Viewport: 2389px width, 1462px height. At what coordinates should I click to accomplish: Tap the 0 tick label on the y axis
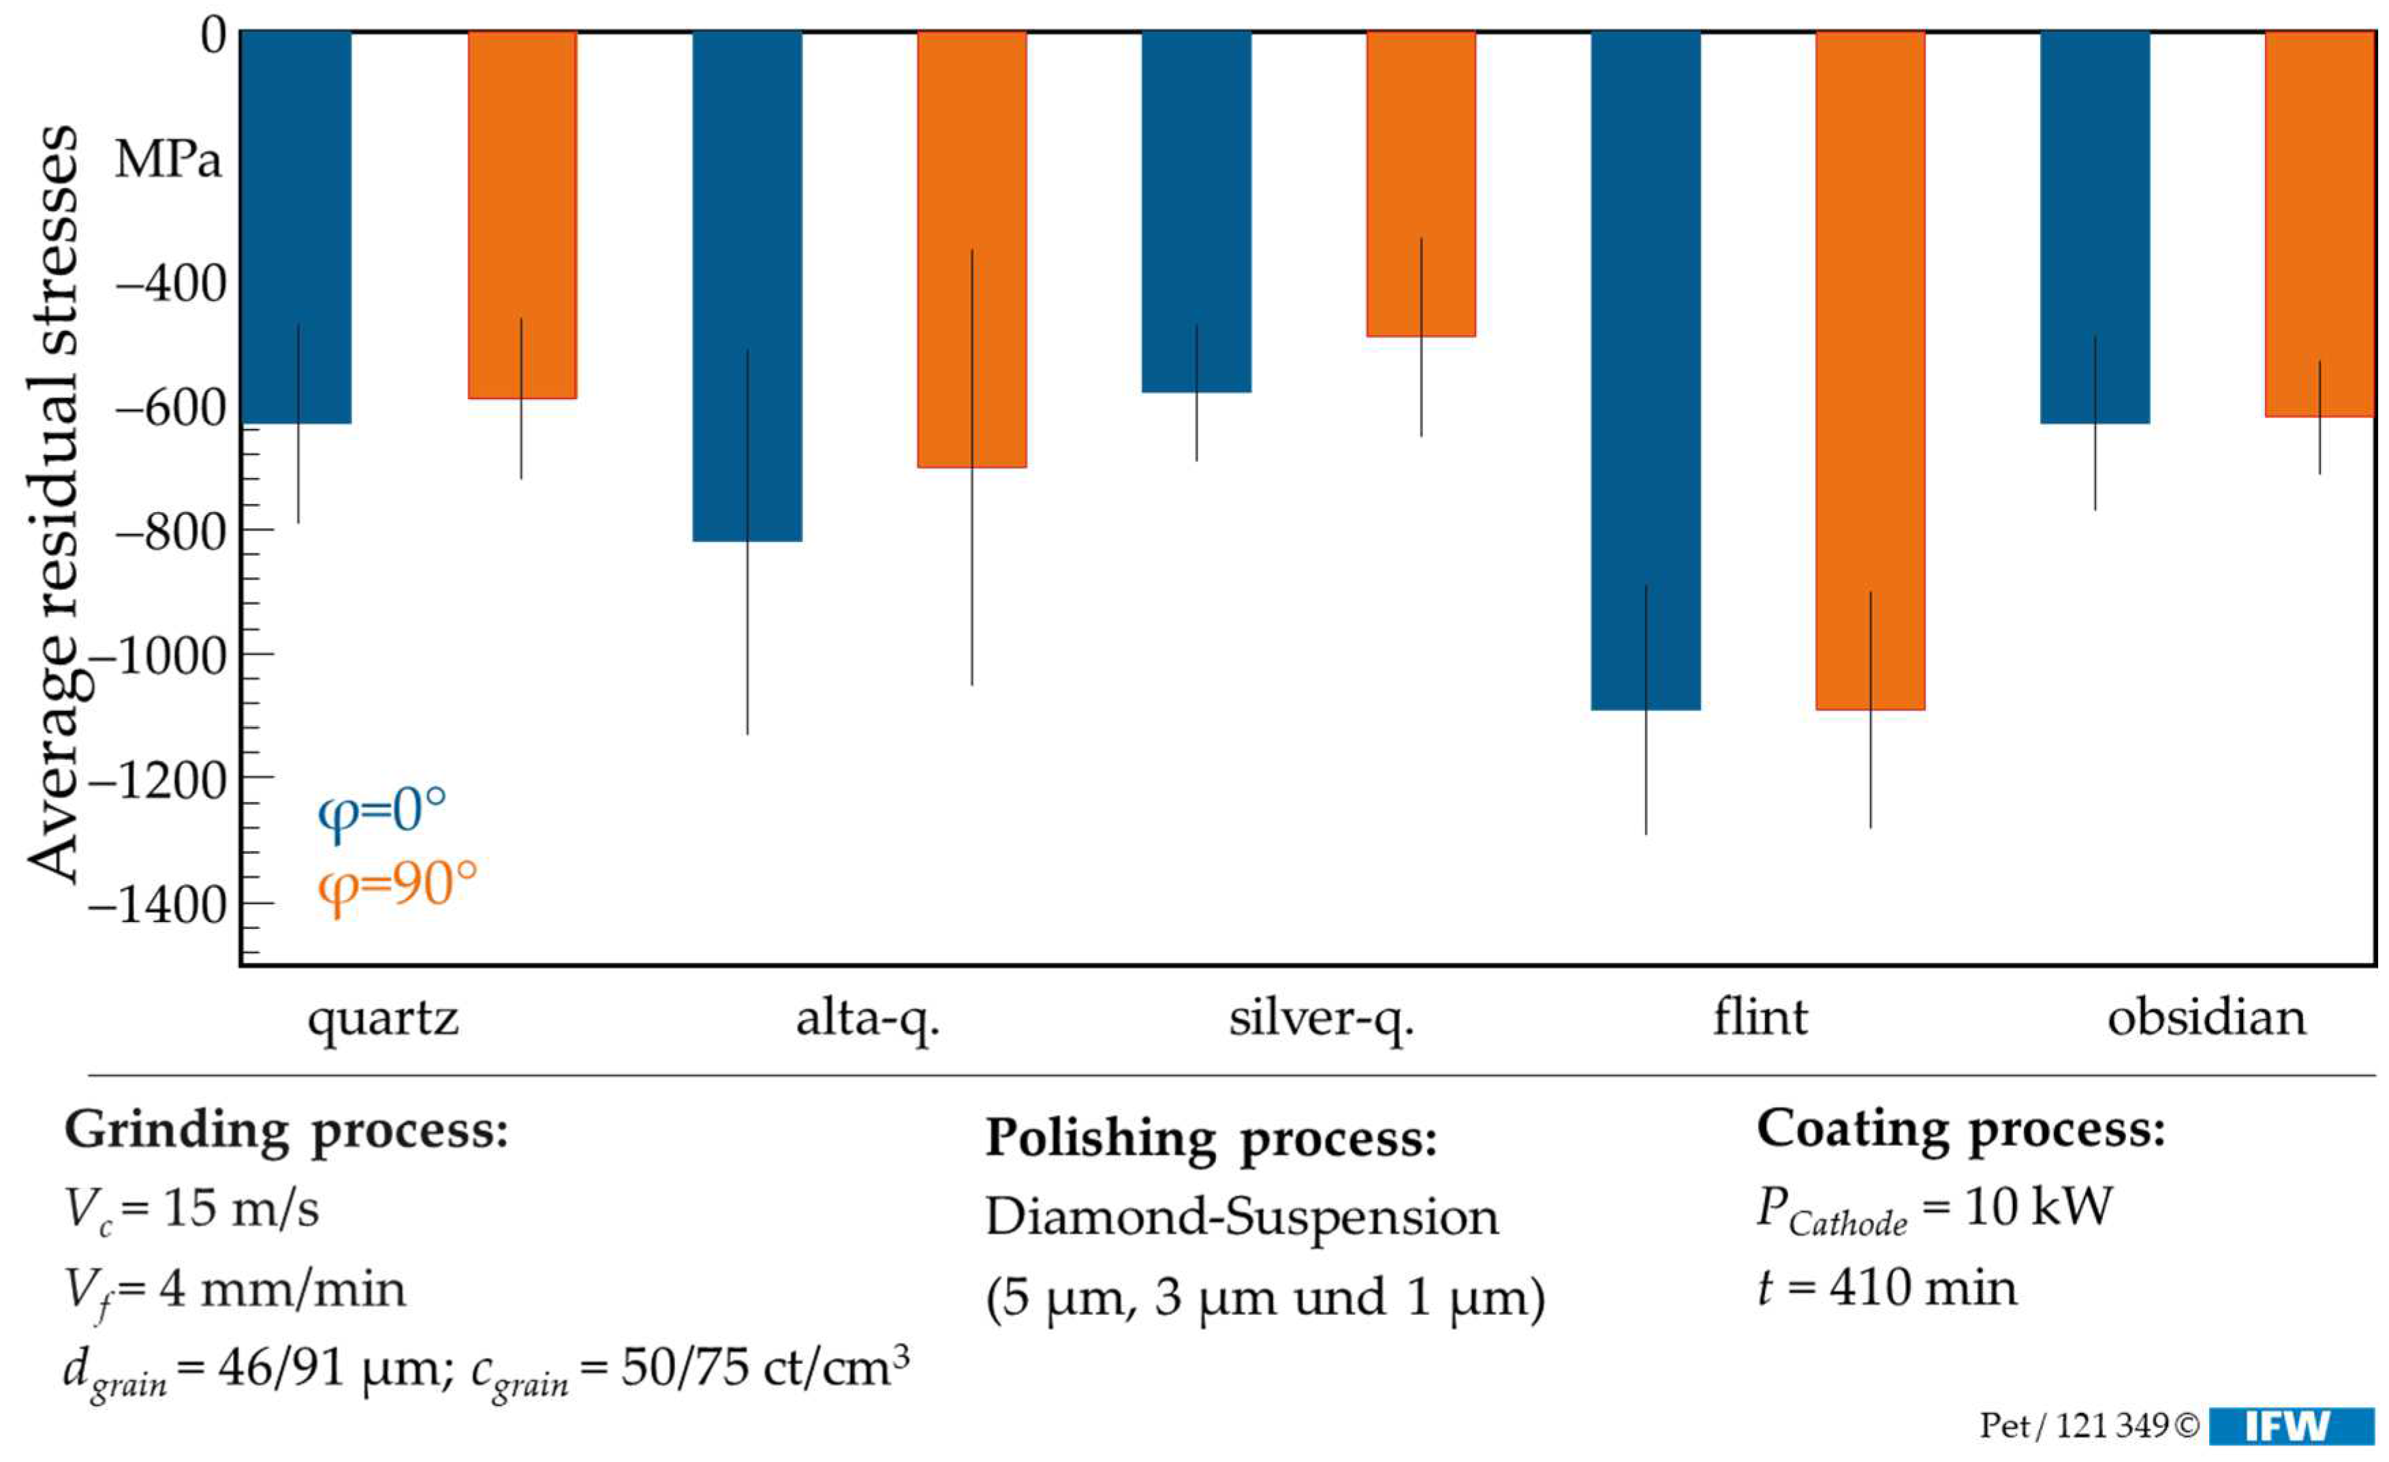pos(213,36)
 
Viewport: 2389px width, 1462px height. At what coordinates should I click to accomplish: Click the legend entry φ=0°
pos(382,810)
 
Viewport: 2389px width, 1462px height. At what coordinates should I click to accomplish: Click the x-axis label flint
pos(1760,1019)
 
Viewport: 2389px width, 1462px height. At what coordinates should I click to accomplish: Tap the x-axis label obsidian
pos(2206,1019)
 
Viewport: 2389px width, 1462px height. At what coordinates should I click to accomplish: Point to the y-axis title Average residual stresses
pos(53,504)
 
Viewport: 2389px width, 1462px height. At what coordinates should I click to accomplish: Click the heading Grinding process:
pos(286,1130)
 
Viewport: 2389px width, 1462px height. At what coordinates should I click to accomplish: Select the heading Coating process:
pos(1961,1130)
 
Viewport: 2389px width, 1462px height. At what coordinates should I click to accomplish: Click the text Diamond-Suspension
pos(1241,1217)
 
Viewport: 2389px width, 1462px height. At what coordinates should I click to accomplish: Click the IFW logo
pos(2288,1426)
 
